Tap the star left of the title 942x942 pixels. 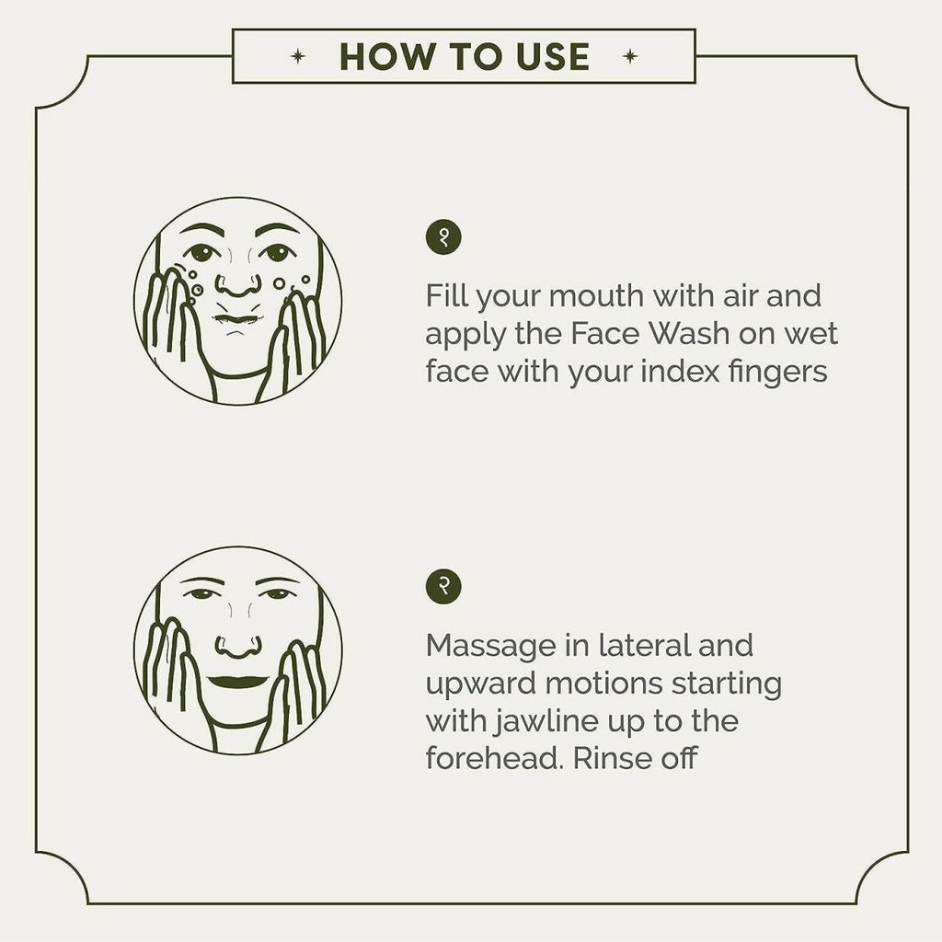tap(297, 56)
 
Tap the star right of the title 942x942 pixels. tap(629, 56)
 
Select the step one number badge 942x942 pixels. tap(443, 237)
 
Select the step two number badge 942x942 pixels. tap(443, 586)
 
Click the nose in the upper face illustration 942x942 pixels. tap(238, 285)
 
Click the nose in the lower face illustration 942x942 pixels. tap(238, 647)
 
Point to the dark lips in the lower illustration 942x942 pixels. tap(238, 683)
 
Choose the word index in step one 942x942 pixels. tap(680, 372)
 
